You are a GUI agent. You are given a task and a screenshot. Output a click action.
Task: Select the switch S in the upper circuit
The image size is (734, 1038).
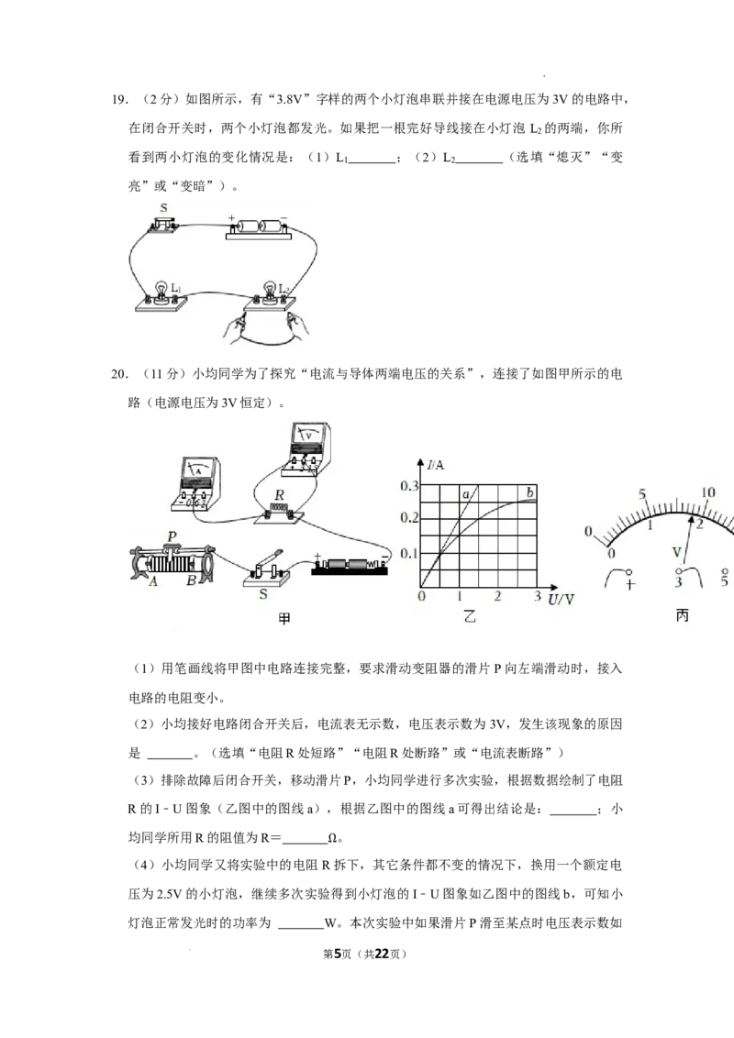[x=163, y=223]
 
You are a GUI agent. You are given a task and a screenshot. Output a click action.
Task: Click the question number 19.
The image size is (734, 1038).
[x=119, y=99]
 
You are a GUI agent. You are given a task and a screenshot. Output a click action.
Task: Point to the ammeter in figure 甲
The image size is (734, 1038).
[x=195, y=483]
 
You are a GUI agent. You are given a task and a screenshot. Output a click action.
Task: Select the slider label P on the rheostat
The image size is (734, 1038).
[x=172, y=536]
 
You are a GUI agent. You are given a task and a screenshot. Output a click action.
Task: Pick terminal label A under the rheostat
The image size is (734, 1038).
[x=153, y=581]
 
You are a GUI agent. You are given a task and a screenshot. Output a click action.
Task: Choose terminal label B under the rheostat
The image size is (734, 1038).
[x=191, y=581]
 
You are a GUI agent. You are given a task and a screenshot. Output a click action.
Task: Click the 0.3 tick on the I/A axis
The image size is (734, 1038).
[x=409, y=486]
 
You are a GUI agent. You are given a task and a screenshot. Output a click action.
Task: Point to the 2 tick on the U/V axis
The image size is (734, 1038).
[x=497, y=596]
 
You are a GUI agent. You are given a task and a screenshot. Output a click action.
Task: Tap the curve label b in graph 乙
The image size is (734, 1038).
[x=530, y=492]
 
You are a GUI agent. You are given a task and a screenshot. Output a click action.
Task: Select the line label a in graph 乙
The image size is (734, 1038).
[x=466, y=494]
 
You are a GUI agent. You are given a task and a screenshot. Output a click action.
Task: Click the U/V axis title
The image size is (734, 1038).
[x=562, y=599]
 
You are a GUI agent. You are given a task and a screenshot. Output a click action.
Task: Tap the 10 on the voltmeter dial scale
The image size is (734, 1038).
[x=707, y=491]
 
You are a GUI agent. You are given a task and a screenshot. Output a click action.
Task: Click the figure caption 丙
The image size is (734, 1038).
[x=683, y=615]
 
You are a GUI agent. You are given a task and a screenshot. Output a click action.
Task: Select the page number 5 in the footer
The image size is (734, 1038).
[x=338, y=954]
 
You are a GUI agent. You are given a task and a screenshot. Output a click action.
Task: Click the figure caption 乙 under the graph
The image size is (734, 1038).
[x=470, y=616]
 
